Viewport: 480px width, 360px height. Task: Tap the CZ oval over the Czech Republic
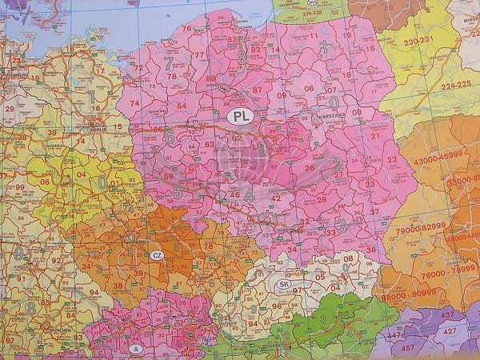pyautogui.click(x=157, y=255)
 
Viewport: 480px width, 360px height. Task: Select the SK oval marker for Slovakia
pyautogui.click(x=284, y=284)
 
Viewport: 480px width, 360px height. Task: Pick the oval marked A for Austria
pyautogui.click(x=135, y=348)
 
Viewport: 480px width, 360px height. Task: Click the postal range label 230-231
pyautogui.click(x=419, y=41)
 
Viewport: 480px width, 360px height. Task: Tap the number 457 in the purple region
pyautogui.click(x=407, y=347)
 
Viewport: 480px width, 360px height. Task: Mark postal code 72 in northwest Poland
pyautogui.click(x=138, y=68)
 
